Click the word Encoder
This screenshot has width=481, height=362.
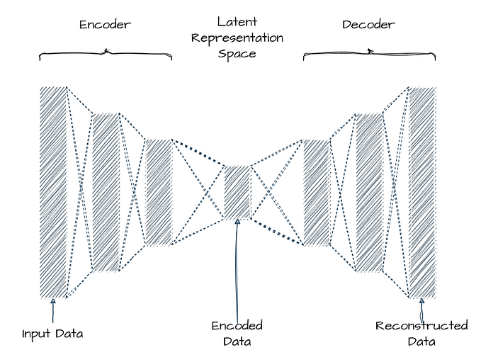click(105, 25)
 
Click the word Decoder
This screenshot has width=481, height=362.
click(368, 25)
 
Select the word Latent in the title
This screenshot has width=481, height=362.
click(237, 21)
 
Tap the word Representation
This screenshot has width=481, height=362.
click(237, 38)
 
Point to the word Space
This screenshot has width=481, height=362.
click(237, 53)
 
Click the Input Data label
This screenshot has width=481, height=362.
click(52, 333)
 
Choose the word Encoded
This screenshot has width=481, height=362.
click(237, 326)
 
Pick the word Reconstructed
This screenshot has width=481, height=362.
click(421, 326)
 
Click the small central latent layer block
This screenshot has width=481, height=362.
click(237, 192)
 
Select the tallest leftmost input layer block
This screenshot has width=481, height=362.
click(53, 192)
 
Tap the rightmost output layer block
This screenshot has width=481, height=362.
click(422, 192)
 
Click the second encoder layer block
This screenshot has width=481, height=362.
click(106, 192)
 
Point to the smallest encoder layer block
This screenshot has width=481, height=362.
click(158, 192)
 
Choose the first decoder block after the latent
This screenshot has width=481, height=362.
click(317, 192)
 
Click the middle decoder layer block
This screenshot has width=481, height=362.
click(368, 192)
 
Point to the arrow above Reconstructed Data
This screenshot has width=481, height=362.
click(422, 309)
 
